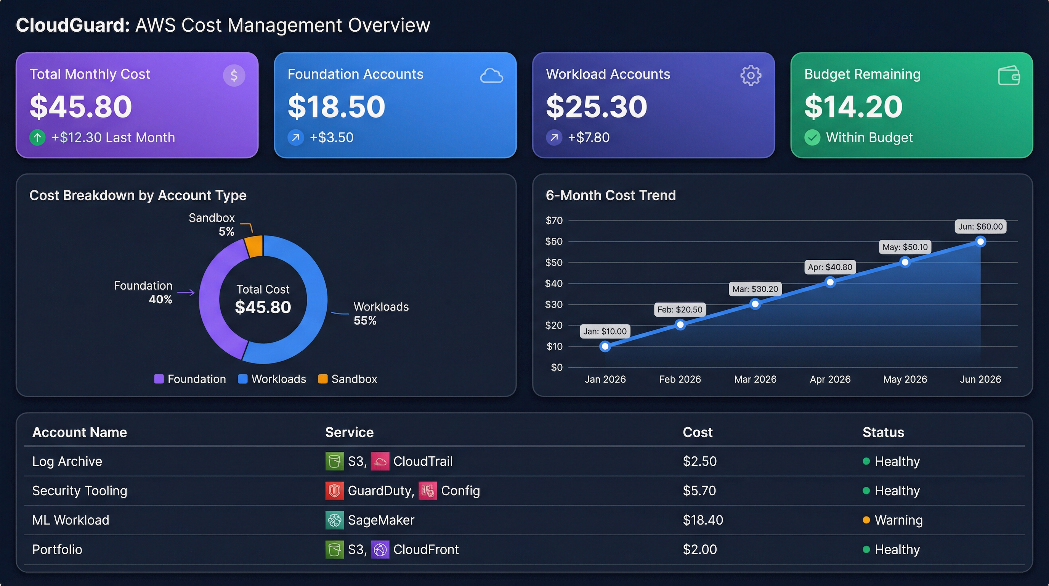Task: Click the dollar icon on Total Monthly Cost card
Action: coord(234,76)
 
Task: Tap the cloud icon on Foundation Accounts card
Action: coord(491,76)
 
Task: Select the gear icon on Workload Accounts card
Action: coord(750,76)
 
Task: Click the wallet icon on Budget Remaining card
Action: coord(1009,76)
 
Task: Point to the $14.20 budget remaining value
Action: coord(853,106)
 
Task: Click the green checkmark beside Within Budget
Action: coord(812,137)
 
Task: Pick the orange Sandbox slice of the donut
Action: coord(255,246)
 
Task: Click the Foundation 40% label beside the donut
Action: coord(143,292)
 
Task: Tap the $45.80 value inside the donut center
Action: coord(263,307)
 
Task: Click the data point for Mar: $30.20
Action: coord(755,304)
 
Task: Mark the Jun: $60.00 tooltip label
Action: coord(980,227)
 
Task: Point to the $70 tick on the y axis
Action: coord(554,221)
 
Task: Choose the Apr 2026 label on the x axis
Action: coord(830,379)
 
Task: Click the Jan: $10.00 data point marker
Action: coord(605,346)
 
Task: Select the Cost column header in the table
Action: coord(697,432)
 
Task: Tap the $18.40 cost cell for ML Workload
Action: coord(703,520)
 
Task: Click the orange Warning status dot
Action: coord(866,520)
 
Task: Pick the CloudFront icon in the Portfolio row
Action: coord(380,549)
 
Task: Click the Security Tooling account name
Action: coord(79,491)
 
